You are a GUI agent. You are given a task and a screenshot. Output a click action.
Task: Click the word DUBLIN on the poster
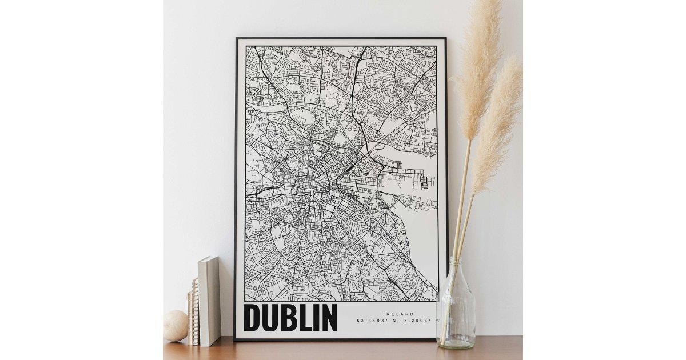(x=290, y=318)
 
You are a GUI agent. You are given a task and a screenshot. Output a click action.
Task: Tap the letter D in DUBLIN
(x=252, y=318)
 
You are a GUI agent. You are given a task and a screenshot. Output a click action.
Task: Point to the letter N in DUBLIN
(x=328, y=318)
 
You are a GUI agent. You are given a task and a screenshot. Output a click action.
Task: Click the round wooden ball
(x=175, y=326)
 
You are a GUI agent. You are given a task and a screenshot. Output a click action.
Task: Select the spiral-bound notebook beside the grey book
(x=195, y=311)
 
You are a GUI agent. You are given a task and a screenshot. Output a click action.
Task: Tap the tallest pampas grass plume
(x=479, y=63)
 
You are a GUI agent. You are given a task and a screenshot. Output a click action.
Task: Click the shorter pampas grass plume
(x=497, y=126)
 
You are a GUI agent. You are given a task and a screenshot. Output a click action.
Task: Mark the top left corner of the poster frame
(x=237, y=39)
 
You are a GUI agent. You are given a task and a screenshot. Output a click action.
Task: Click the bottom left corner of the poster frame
(x=236, y=339)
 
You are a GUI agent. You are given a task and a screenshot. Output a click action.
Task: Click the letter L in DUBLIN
(x=301, y=318)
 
